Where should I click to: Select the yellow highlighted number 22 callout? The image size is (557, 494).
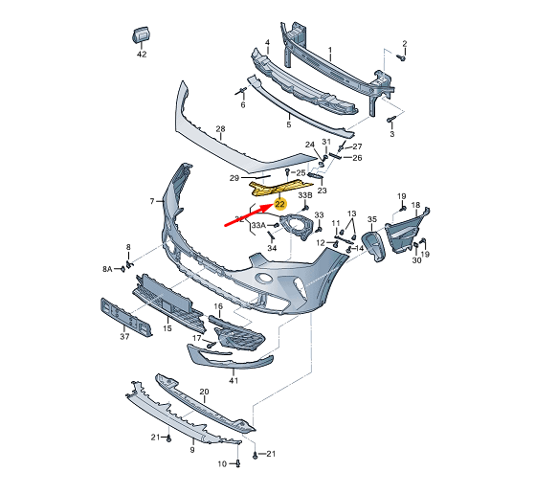(279, 204)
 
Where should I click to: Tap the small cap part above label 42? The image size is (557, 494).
(140, 35)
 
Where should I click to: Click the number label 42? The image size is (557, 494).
(141, 55)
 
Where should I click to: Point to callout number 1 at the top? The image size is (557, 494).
(330, 50)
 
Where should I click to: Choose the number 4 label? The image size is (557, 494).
(267, 43)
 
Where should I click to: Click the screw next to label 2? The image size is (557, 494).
(402, 57)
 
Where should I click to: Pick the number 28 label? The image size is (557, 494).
(219, 128)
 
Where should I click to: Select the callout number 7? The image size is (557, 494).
(151, 201)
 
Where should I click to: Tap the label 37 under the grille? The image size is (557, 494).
(124, 337)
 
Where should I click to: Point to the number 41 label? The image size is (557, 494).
(233, 380)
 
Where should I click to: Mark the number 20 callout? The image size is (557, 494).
(204, 393)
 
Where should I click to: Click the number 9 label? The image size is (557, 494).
(190, 448)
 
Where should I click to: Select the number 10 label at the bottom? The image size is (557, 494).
(221, 464)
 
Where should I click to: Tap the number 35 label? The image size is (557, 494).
(371, 219)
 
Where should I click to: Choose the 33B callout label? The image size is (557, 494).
(303, 194)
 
